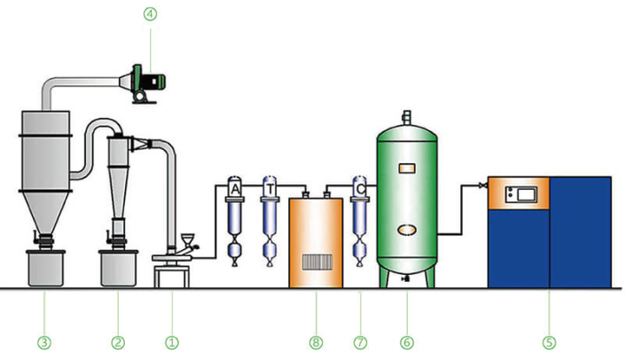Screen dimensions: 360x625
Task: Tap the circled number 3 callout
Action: [43, 340]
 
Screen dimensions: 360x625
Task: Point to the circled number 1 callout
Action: [172, 340]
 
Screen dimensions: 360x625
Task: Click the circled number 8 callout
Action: [315, 340]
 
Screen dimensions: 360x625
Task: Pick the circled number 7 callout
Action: [360, 340]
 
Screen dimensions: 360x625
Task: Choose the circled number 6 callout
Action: [407, 340]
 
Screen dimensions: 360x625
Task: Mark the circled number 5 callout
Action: [549, 340]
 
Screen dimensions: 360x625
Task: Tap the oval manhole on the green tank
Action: [407, 229]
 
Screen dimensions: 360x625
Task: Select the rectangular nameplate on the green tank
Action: [407, 168]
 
